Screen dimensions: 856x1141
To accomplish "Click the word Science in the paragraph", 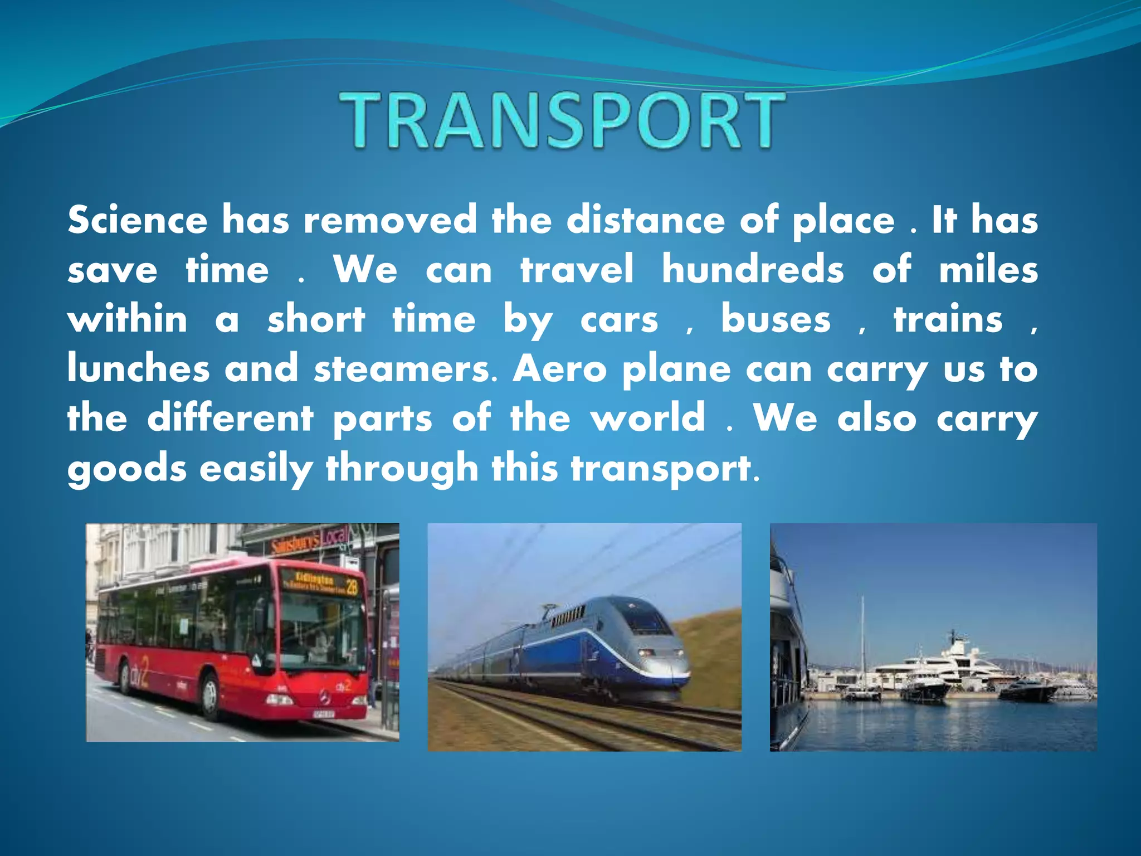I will [137, 220].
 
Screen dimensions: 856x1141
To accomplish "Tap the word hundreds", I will [753, 270].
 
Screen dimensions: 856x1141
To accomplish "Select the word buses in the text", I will [776, 320].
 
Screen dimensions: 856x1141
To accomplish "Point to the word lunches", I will [138, 369].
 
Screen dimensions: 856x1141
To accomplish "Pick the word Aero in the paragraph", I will [559, 369].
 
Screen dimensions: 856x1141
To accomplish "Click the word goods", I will [127, 468].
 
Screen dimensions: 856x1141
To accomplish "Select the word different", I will [230, 417].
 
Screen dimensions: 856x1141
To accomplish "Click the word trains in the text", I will [948, 320].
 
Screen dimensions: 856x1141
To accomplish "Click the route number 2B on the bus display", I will [352, 587].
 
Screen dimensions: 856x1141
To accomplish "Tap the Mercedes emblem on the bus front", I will [310, 695].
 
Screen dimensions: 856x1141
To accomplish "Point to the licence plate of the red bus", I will [323, 713].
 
